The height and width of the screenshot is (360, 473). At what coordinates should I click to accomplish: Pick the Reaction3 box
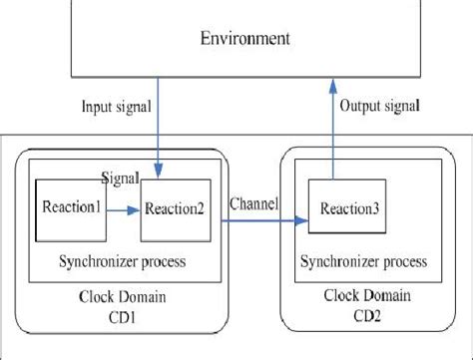coord(348,208)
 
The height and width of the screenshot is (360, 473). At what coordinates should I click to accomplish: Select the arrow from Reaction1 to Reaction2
coord(122,210)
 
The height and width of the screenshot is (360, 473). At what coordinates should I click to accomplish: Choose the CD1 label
coord(107,316)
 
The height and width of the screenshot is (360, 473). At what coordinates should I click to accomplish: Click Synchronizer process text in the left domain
coord(110,261)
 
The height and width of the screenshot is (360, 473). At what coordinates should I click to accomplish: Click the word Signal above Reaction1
coord(120,176)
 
